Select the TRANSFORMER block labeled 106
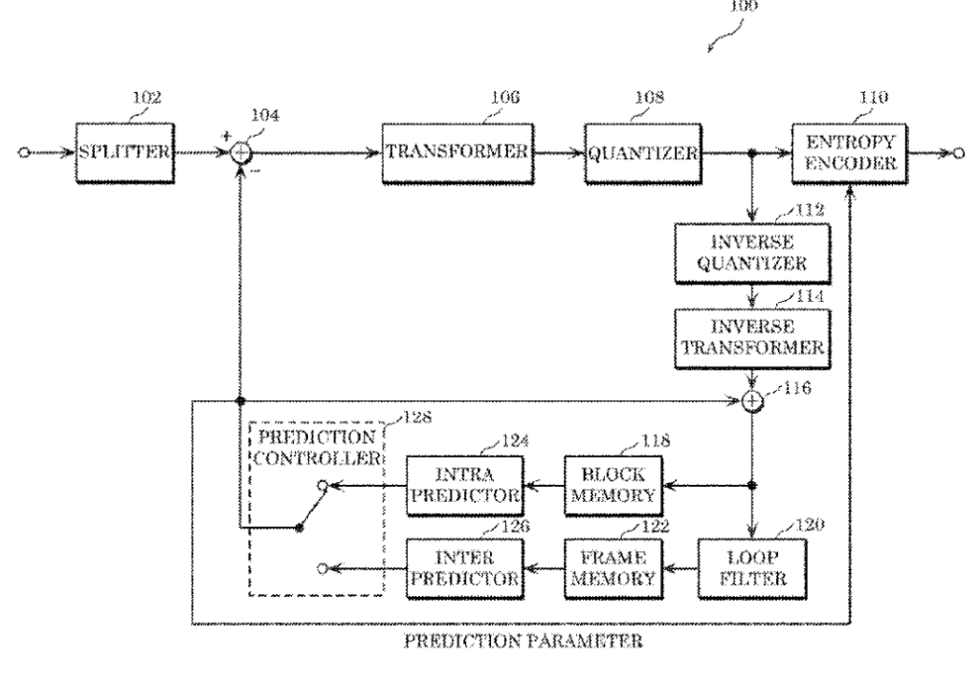click(x=457, y=152)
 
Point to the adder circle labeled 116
click(x=752, y=401)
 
